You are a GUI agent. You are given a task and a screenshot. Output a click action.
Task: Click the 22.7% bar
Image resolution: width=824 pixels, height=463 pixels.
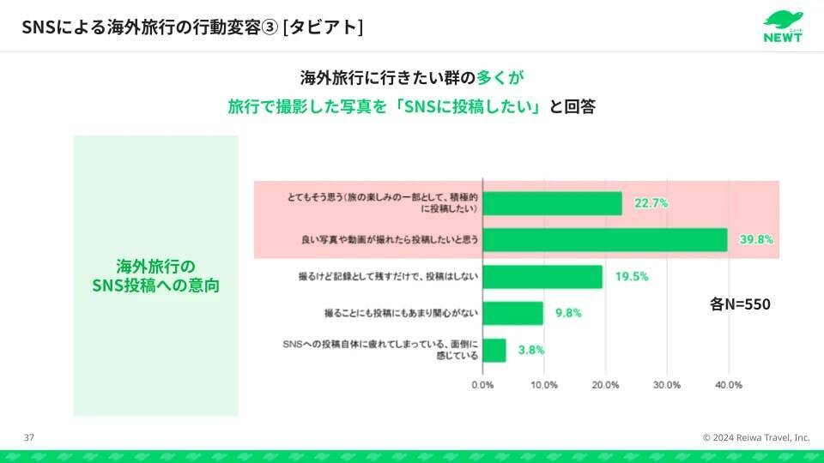coord(552,203)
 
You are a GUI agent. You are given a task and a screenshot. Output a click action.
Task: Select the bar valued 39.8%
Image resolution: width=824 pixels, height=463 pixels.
coord(604,240)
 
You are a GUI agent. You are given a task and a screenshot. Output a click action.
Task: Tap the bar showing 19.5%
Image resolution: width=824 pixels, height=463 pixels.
coord(542,277)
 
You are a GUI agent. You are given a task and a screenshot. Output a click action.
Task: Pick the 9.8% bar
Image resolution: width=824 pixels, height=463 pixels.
coord(512,313)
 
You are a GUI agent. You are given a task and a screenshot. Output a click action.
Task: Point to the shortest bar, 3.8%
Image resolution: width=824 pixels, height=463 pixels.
coord(494,350)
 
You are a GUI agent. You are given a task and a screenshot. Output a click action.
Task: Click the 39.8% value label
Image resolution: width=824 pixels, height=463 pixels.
coord(753,240)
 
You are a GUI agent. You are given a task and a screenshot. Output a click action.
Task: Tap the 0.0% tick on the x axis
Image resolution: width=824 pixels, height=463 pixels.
coord(482,385)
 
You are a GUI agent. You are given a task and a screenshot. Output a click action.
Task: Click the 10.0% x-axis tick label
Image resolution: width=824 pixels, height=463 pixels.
coord(544,385)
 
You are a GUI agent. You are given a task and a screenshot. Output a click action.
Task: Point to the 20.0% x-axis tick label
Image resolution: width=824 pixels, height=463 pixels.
coord(606,385)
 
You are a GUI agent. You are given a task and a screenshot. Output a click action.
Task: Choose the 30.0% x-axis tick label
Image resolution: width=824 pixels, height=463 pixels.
coord(667,385)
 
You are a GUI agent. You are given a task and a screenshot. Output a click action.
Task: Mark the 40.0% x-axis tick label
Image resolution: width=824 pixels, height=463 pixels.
coord(729,385)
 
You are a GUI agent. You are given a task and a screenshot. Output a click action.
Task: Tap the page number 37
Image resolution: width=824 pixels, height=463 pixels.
coord(29,437)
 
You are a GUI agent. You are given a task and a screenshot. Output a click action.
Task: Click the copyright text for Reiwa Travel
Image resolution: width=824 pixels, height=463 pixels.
coord(756,437)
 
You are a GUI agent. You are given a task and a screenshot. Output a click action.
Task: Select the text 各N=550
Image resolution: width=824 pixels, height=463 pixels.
coord(741,304)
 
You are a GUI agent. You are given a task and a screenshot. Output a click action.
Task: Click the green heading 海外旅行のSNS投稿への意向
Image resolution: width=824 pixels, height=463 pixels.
coord(155,275)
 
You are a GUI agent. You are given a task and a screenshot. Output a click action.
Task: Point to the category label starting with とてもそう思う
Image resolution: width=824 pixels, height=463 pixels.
coord(382,203)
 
